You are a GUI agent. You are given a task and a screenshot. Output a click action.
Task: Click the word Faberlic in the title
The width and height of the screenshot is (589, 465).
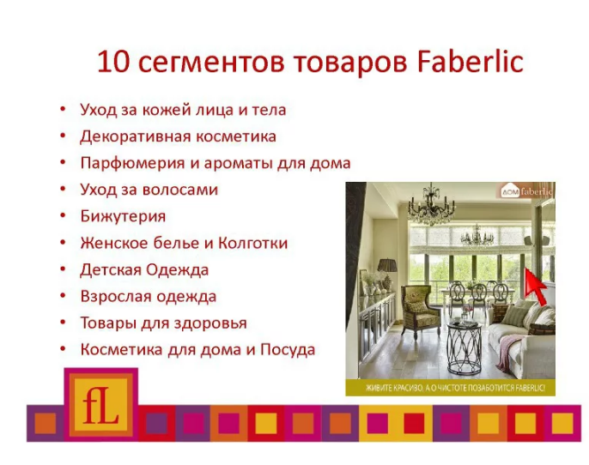point(470,62)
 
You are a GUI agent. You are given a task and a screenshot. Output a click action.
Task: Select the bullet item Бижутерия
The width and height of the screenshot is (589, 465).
point(123,216)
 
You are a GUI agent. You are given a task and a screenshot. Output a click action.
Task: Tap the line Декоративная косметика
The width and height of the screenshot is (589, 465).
point(178,136)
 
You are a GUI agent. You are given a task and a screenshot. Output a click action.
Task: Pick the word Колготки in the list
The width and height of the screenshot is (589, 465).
point(252,243)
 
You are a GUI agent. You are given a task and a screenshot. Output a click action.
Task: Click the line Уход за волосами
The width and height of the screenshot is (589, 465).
point(149,190)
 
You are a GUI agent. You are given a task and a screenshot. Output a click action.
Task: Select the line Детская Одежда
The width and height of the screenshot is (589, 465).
point(144,270)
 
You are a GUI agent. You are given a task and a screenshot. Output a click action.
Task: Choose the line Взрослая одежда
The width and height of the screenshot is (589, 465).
point(149,297)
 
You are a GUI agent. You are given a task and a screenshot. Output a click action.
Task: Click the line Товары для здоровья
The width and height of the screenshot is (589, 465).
point(163,323)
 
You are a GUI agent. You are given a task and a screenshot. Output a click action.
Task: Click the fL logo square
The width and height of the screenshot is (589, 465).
point(101,404)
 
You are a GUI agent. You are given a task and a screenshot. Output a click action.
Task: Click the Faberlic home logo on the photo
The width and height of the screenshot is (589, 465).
point(525,192)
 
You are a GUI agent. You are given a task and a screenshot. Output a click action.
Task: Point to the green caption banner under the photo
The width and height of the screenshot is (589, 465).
point(451,387)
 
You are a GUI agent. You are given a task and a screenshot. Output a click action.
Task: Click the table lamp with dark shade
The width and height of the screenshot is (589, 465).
point(387,274)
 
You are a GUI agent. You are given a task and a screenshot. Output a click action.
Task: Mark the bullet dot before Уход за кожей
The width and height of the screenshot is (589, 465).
point(63,109)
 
